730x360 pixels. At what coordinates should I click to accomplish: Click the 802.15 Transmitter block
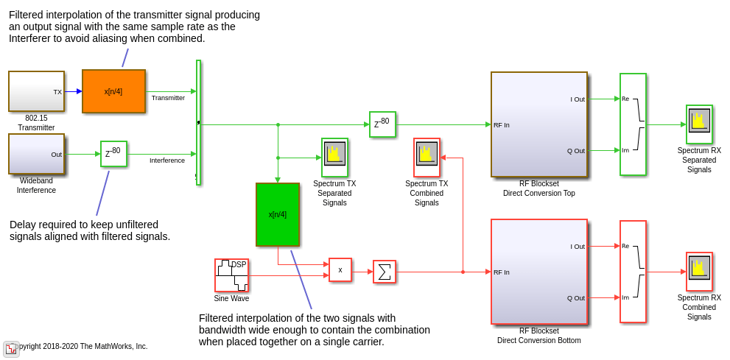[x=36, y=91]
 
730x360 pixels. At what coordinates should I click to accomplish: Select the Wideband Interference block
[x=36, y=154]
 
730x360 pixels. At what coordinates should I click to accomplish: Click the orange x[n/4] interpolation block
[x=113, y=91]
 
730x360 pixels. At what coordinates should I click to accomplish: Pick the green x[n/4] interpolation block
[x=277, y=214]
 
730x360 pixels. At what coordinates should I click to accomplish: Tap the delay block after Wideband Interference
[x=113, y=153]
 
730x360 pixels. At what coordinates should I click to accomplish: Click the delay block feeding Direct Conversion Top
[x=382, y=124]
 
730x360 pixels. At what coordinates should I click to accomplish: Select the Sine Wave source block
[x=231, y=275]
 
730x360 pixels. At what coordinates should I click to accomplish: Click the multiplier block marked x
[x=340, y=270]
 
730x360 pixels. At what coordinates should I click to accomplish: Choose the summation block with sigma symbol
[x=384, y=272]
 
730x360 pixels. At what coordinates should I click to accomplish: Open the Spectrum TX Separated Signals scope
[x=334, y=157]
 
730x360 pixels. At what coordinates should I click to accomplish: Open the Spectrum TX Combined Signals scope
[x=427, y=157]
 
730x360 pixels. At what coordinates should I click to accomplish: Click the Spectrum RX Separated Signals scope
[x=699, y=124]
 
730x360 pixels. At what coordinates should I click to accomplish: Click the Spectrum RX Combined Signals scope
[x=699, y=272]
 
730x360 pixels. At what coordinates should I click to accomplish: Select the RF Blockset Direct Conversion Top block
[x=539, y=124]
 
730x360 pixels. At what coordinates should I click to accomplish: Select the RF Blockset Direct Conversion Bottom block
[x=539, y=272]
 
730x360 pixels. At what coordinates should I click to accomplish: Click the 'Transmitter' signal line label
[x=168, y=98]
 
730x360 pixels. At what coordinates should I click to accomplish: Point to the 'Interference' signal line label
[x=167, y=160]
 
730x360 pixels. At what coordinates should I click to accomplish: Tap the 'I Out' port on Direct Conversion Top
[x=578, y=99]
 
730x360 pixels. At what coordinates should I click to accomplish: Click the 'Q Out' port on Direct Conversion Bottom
[x=576, y=298]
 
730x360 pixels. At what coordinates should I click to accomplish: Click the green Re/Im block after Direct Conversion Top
[x=633, y=124]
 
